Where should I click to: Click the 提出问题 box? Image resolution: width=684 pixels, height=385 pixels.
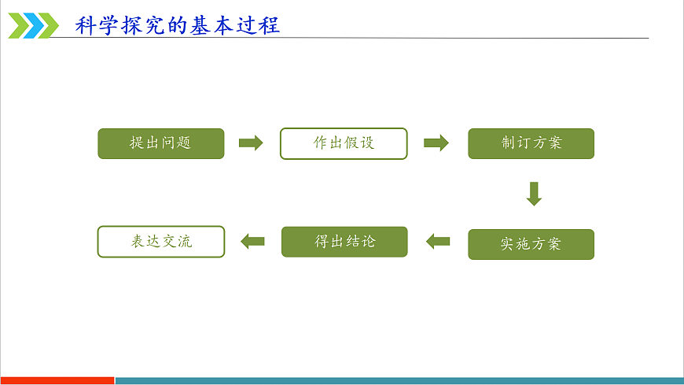click(161, 143)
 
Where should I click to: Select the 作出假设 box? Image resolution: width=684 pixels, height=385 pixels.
click(344, 143)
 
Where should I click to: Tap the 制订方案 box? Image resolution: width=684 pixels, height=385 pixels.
click(531, 143)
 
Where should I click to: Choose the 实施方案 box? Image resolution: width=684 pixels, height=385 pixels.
click(531, 244)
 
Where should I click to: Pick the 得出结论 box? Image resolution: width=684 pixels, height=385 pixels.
click(344, 242)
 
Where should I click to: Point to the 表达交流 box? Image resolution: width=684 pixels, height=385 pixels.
click(161, 242)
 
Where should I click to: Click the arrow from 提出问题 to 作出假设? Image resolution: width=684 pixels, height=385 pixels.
click(251, 143)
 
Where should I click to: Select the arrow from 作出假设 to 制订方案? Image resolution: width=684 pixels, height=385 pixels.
click(436, 143)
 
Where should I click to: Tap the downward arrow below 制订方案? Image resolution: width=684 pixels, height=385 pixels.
click(534, 194)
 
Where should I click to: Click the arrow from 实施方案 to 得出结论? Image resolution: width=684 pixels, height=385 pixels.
click(438, 241)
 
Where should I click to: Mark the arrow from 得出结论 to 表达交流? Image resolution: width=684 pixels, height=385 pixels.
click(252, 241)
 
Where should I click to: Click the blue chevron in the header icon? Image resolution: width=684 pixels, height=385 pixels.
click(34, 26)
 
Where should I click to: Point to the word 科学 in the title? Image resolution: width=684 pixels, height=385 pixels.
click(97, 25)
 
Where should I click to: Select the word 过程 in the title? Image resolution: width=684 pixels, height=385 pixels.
click(258, 25)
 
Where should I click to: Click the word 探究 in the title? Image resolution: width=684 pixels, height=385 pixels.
click(143, 25)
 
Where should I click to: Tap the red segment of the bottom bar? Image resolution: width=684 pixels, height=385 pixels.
click(57, 380)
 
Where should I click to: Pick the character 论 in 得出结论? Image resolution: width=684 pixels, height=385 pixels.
click(368, 241)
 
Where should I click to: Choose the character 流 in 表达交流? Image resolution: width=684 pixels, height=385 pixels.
click(185, 241)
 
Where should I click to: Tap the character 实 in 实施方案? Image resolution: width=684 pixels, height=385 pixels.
click(507, 244)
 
